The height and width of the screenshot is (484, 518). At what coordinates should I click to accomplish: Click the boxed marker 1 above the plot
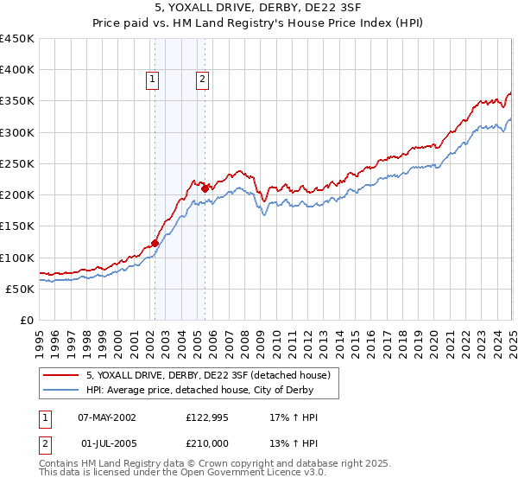pos(153,80)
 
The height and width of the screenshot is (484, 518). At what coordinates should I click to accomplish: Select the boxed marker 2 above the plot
pos(203,80)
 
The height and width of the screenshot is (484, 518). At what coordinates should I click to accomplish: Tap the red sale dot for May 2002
pos(155,243)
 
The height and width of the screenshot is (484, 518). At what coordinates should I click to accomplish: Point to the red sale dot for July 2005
pos(205,188)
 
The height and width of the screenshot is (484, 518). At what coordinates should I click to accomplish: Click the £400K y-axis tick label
pos(17,70)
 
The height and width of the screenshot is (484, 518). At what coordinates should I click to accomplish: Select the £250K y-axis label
pos(17,163)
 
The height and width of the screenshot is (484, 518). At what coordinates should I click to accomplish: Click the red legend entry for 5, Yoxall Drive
pos(208,375)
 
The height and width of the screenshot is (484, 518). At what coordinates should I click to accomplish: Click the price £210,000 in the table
pos(206,443)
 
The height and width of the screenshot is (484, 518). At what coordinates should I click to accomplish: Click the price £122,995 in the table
pos(206,417)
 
